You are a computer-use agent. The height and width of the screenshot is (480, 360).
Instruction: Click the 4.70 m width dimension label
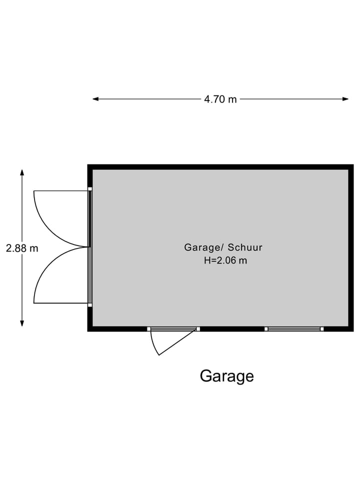pyautogui.click(x=220, y=99)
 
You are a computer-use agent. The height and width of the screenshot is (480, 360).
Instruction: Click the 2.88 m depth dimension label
pyautogui.click(x=22, y=248)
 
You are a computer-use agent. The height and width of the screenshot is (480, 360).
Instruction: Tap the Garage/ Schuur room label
pyautogui.click(x=223, y=247)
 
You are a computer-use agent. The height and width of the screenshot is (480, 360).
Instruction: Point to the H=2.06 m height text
pyautogui.click(x=225, y=260)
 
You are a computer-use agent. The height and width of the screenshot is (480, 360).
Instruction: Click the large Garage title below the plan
pyautogui.click(x=226, y=375)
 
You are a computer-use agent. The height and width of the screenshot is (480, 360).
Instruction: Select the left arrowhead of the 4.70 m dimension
pyautogui.click(x=95, y=99)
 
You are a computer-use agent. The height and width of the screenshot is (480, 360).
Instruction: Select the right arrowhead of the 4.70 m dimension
pyautogui.click(x=345, y=99)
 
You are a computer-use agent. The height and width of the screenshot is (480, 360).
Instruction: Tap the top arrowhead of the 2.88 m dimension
pyautogui.click(x=22, y=172)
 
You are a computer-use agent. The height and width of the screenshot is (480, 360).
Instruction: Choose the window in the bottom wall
pyautogui.click(x=293, y=328)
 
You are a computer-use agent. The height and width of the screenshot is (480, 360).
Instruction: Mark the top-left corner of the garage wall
pyautogui.click(x=90, y=166)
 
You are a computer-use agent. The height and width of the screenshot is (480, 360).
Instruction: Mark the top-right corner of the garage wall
pyautogui.click(x=351, y=166)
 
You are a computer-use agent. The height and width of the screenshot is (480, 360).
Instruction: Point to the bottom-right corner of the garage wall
pyautogui.click(x=351, y=328)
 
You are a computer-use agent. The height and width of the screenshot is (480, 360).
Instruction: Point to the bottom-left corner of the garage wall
pyautogui.click(x=90, y=328)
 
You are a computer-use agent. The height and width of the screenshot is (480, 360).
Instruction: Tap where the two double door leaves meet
pyautogui.click(x=88, y=247)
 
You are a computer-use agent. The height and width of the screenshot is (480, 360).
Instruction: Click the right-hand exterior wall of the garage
pyautogui.click(x=351, y=247)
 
